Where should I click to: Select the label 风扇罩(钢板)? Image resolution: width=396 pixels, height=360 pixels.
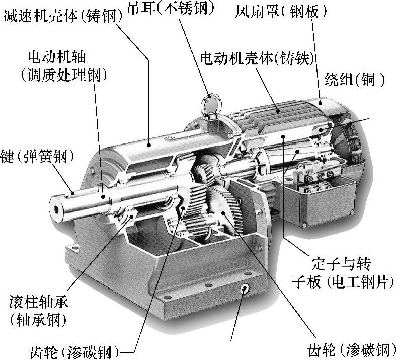pos(281,11)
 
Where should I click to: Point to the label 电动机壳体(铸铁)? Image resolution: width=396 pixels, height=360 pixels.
pos(257,58)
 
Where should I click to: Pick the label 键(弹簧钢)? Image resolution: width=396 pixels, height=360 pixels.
pos(37,156)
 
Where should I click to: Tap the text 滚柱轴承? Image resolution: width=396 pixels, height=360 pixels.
pos(39,302)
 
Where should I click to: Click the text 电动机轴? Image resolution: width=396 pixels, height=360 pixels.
pos(57,57)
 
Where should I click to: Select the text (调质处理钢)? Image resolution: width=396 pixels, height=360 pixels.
pos(63,75)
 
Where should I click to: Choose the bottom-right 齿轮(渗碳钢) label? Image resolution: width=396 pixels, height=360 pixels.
pos(351,350)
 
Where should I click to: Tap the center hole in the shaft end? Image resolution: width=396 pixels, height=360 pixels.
pos(56,209)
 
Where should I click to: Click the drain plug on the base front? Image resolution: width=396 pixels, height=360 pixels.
pos(244,289)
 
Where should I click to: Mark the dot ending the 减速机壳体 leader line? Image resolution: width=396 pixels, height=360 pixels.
pos(149,145)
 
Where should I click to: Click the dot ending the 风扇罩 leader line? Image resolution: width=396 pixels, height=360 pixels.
pos(320,103)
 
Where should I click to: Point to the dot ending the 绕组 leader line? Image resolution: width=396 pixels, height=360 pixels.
pos(321,130)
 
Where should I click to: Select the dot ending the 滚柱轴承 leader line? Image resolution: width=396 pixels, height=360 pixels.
pos(131,217)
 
